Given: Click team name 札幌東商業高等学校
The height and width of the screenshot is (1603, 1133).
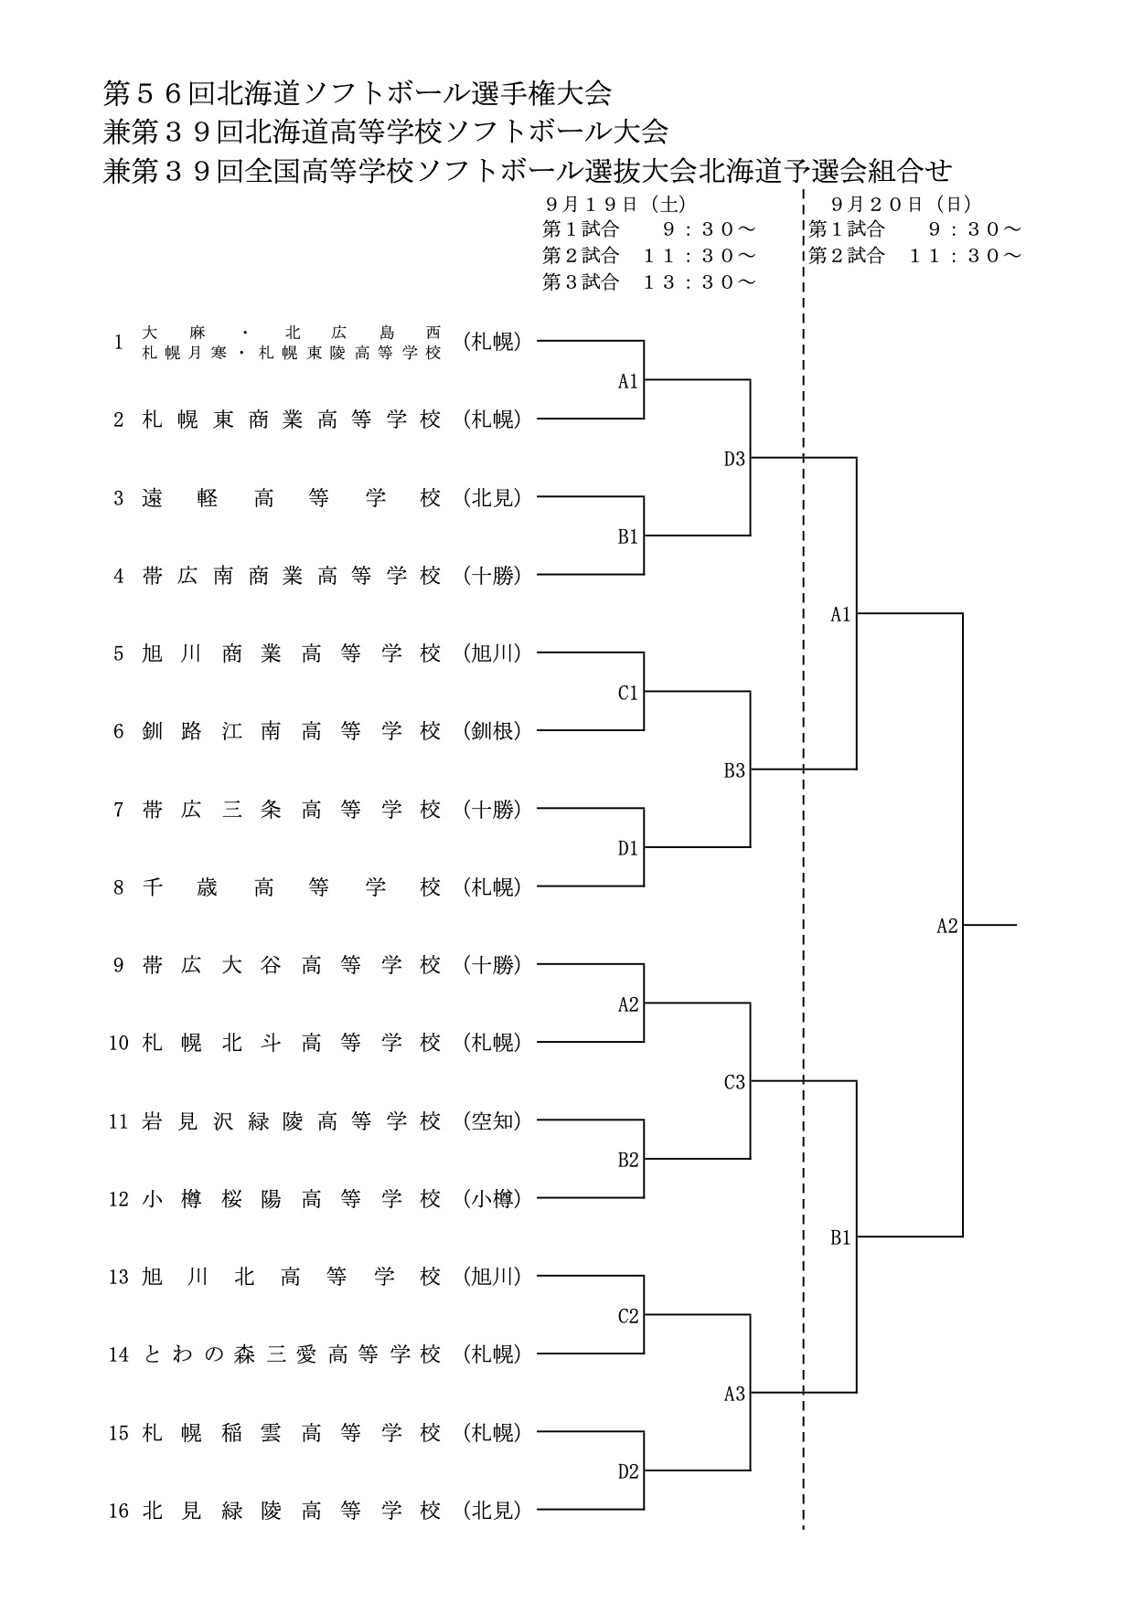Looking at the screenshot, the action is (x=292, y=419).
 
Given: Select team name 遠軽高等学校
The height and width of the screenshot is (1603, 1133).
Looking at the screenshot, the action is (x=292, y=498).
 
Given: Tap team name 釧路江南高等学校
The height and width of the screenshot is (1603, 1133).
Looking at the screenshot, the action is (x=292, y=731).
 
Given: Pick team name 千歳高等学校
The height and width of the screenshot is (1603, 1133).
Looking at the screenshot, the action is (x=292, y=887).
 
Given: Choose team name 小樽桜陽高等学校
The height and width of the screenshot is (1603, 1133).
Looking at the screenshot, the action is (x=292, y=1199).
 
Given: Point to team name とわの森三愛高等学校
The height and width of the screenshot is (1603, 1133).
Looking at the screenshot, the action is (x=292, y=1354).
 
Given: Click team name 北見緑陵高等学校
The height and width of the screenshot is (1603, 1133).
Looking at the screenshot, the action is (x=292, y=1511).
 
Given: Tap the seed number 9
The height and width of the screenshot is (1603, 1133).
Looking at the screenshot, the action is (x=118, y=965).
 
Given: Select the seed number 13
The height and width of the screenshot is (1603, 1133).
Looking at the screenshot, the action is (x=119, y=1277).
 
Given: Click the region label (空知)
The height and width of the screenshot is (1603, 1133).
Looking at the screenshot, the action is (x=492, y=1121).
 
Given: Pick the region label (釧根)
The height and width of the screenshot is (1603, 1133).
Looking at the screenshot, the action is (x=492, y=731).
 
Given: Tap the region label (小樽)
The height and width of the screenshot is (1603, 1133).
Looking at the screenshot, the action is (x=492, y=1199).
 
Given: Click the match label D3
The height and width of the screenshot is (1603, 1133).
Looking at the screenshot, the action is (x=734, y=460).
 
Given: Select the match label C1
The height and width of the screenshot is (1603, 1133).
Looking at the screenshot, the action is (x=627, y=694).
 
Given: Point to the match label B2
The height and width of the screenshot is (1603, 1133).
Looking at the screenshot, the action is (x=627, y=1161).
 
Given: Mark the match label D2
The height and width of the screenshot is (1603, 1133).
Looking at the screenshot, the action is (x=627, y=1472).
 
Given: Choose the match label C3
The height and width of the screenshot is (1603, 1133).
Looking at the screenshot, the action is (x=734, y=1083).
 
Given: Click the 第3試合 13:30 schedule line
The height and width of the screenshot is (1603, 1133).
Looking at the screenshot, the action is (x=649, y=282).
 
